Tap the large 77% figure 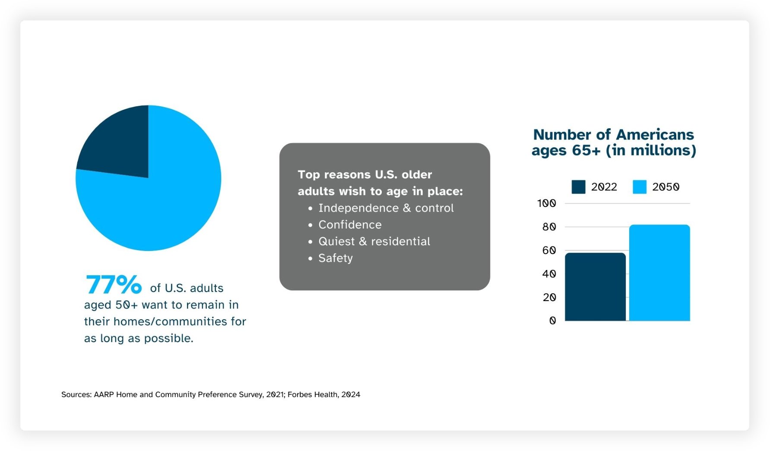click(x=114, y=285)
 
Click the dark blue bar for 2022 click(x=595, y=287)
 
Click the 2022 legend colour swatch click(x=578, y=187)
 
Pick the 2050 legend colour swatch click(x=639, y=187)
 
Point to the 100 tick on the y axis click(x=546, y=203)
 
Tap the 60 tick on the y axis click(x=549, y=251)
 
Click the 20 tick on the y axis click(x=549, y=298)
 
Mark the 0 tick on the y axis click(x=552, y=321)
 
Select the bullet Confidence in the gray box click(x=350, y=225)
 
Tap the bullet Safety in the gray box click(x=336, y=258)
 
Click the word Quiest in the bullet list click(x=336, y=241)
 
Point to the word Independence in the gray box click(x=358, y=208)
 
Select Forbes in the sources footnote click(x=299, y=394)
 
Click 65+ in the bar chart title click(x=586, y=150)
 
